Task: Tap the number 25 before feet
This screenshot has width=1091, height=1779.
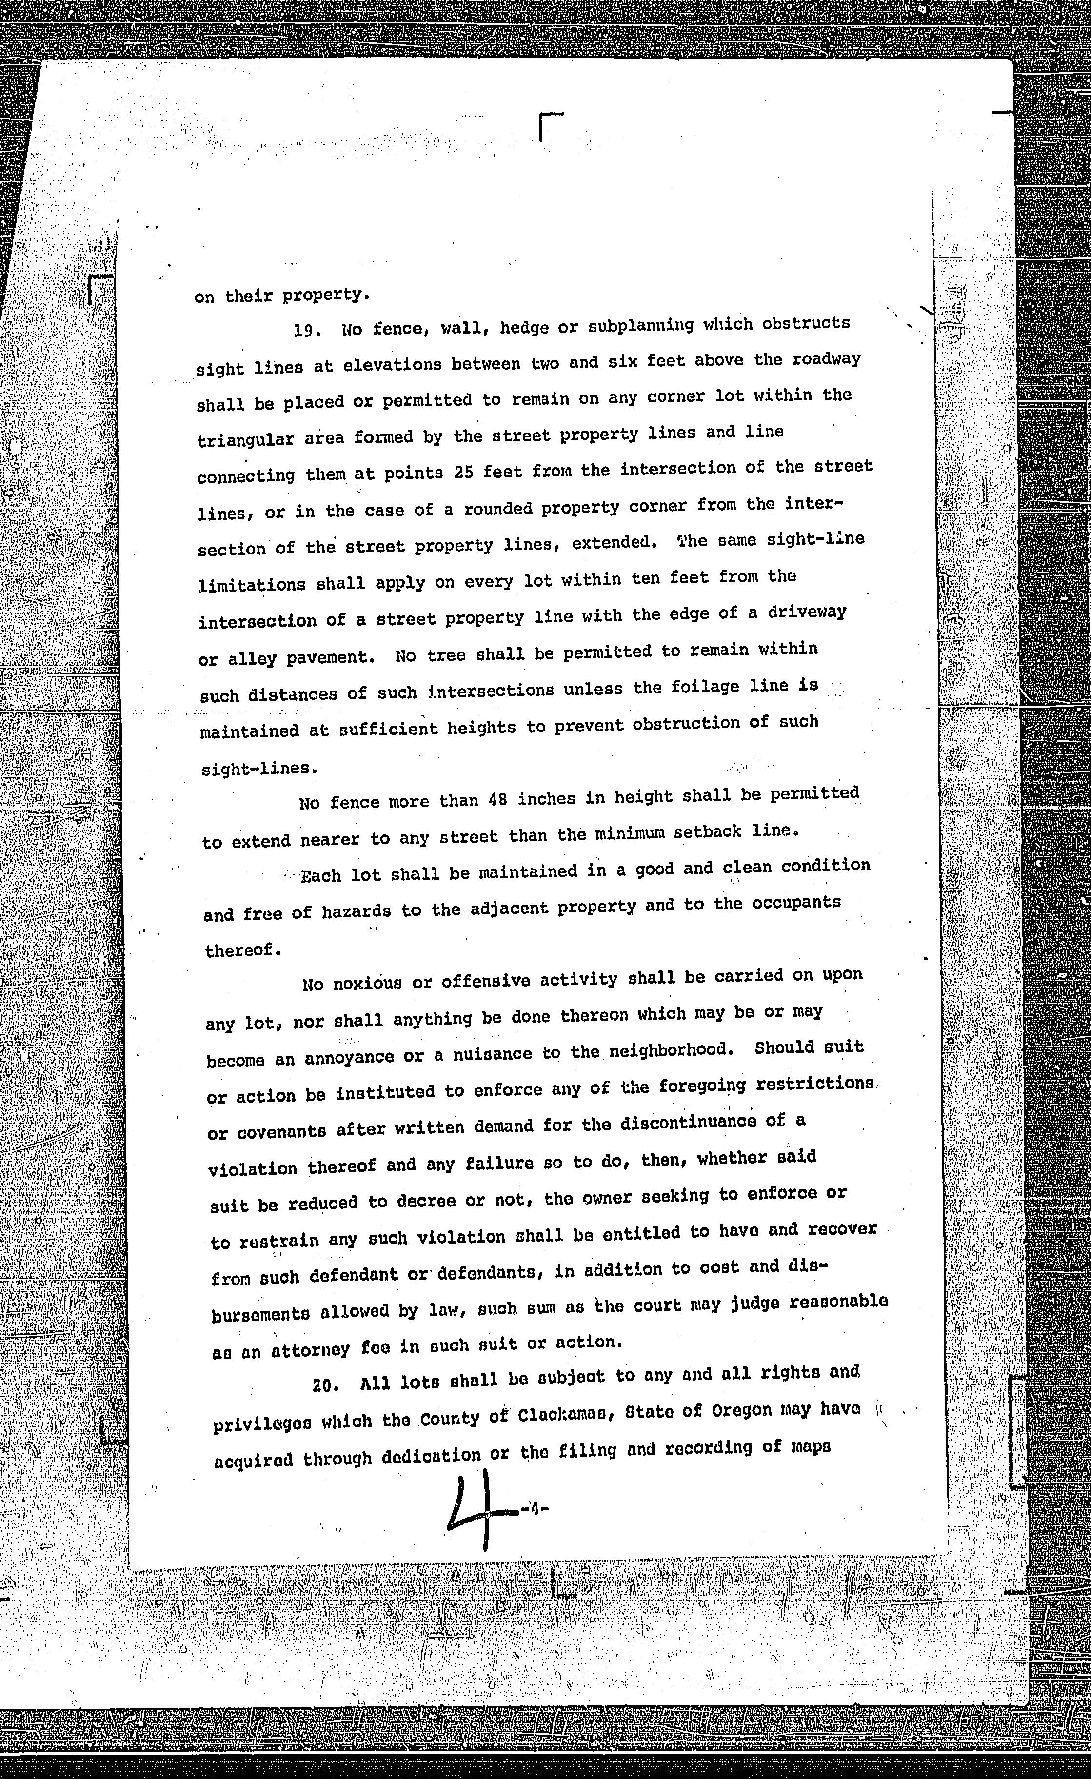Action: click(463, 472)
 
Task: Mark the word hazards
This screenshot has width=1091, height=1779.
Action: click(356, 912)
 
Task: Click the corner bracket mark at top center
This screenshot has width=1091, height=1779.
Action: click(550, 127)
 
